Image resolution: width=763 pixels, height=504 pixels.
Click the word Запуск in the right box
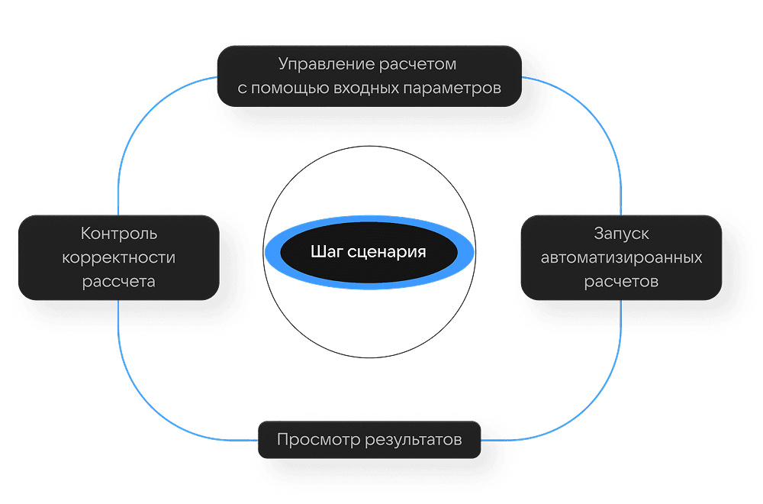621,233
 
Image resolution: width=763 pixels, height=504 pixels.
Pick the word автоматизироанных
621,257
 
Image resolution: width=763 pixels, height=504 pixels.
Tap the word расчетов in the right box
621,282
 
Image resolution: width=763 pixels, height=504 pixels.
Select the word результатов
414,440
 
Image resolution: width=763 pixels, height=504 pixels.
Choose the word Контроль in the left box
119,233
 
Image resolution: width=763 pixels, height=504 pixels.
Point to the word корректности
119,257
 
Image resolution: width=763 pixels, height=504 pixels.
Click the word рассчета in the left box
119,282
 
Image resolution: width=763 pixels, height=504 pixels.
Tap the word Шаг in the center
327,252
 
